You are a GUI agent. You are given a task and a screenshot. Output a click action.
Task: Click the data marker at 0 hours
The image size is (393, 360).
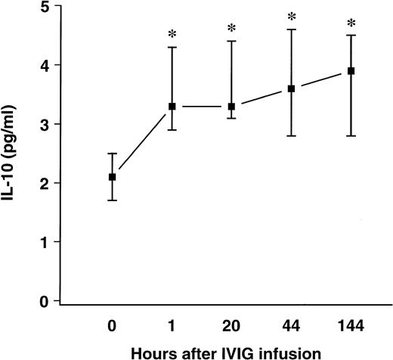pyautogui.click(x=113, y=177)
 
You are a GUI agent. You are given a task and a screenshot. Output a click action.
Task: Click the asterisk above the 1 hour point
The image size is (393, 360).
pyautogui.click(x=172, y=35)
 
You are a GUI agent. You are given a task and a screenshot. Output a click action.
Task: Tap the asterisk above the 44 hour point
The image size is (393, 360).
pyautogui.click(x=292, y=17)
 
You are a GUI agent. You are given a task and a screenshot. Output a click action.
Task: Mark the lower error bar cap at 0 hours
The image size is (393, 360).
pyautogui.click(x=113, y=200)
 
